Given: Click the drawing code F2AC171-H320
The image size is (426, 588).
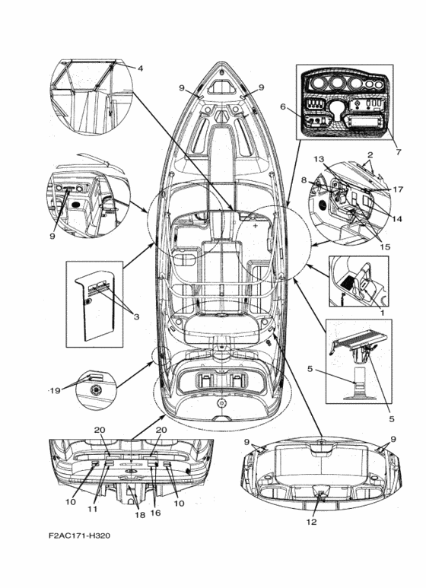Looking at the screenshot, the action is click(80, 536).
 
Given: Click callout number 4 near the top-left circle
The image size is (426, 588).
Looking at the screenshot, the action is click(140, 68).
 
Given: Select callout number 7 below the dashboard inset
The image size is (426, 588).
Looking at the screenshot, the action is click(399, 152).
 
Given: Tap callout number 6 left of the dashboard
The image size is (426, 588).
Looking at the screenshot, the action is click(283, 107).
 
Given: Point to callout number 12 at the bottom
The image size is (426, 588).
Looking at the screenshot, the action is click(312, 522).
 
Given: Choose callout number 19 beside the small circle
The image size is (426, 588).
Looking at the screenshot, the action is click(55, 391).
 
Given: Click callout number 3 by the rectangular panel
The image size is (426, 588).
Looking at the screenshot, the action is click(136, 317).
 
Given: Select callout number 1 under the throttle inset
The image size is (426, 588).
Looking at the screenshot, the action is click(383, 312).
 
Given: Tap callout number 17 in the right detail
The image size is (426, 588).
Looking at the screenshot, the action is click(398, 189).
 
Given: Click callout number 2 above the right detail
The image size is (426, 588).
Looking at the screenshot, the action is click(370, 154).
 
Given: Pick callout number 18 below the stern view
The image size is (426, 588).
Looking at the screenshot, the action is click(140, 515).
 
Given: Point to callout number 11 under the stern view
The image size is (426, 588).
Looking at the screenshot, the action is click(93, 509).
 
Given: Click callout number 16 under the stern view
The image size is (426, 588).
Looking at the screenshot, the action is click(156, 513).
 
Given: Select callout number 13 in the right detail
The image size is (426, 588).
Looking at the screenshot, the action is click(319, 160).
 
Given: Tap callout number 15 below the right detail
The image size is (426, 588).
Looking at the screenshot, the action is click(385, 246).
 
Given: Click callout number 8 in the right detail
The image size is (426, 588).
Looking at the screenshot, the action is click(304, 180).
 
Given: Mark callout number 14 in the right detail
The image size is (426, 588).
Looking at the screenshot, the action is click(397, 218).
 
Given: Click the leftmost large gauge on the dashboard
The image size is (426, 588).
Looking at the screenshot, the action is click(319, 83).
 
